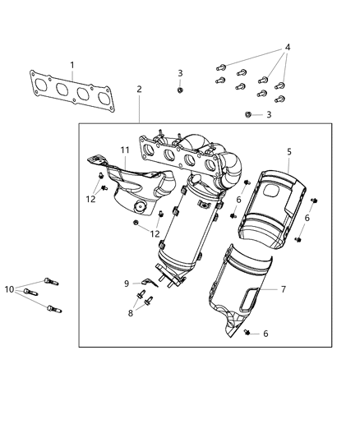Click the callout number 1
(72, 64)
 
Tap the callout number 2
(140, 90)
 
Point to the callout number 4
(287, 48)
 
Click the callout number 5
(288, 153)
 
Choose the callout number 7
(283, 289)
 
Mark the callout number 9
(127, 283)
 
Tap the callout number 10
(9, 289)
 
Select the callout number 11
(126, 150)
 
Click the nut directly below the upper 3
(180, 90)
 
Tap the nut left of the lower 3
(249, 114)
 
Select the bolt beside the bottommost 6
(247, 332)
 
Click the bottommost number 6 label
(266, 333)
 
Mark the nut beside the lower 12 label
(135, 224)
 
